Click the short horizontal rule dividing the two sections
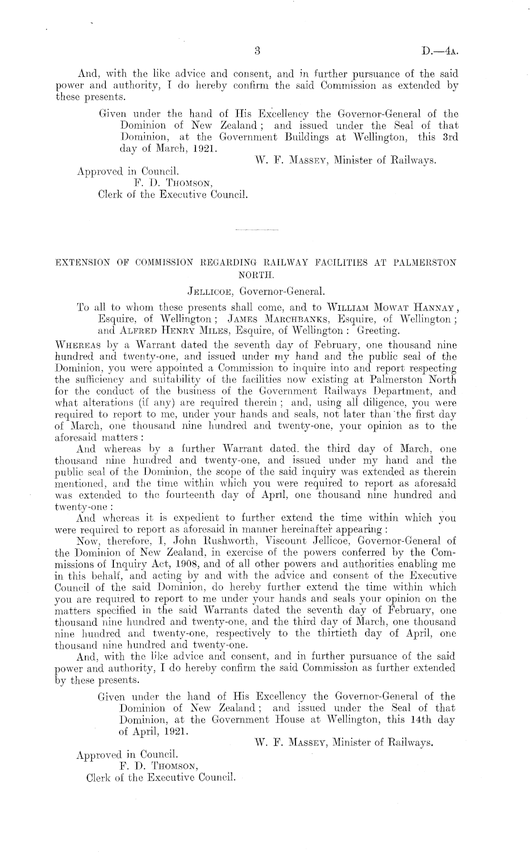coord(256,231)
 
